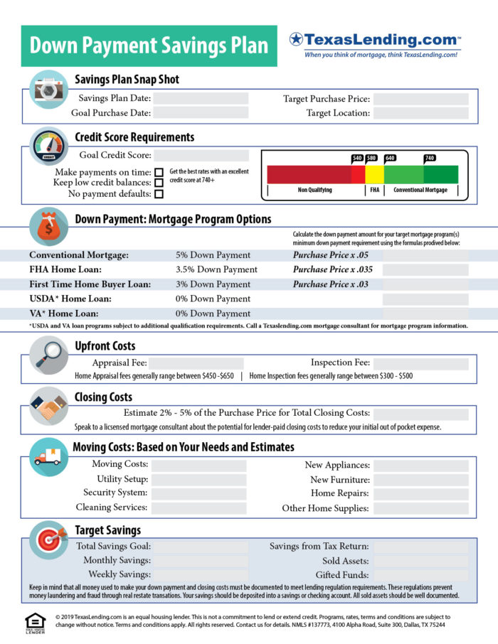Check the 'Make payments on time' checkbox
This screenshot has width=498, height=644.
pyautogui.click(x=159, y=172)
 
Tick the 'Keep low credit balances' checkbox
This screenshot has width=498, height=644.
pyautogui.click(x=159, y=183)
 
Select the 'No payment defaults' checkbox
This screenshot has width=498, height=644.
pyautogui.click(x=159, y=193)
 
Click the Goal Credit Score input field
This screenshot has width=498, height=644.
pyautogui.click(x=201, y=156)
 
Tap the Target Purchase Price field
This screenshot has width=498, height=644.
pyautogui.click(x=420, y=99)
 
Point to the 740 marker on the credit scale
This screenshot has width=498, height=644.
pyautogui.click(x=430, y=159)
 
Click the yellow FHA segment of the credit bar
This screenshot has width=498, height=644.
pyautogui.click(x=375, y=174)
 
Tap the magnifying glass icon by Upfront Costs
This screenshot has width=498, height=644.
pyautogui.click(x=48, y=353)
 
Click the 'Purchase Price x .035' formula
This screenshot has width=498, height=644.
pyautogui.click(x=333, y=269)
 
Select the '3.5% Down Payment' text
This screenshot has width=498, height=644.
pyautogui.click(x=216, y=269)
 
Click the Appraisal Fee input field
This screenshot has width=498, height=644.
pyautogui.click(x=196, y=363)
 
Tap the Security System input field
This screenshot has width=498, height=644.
pyautogui.click(x=198, y=493)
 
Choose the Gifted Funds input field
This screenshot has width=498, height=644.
pyautogui.click(x=420, y=574)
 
